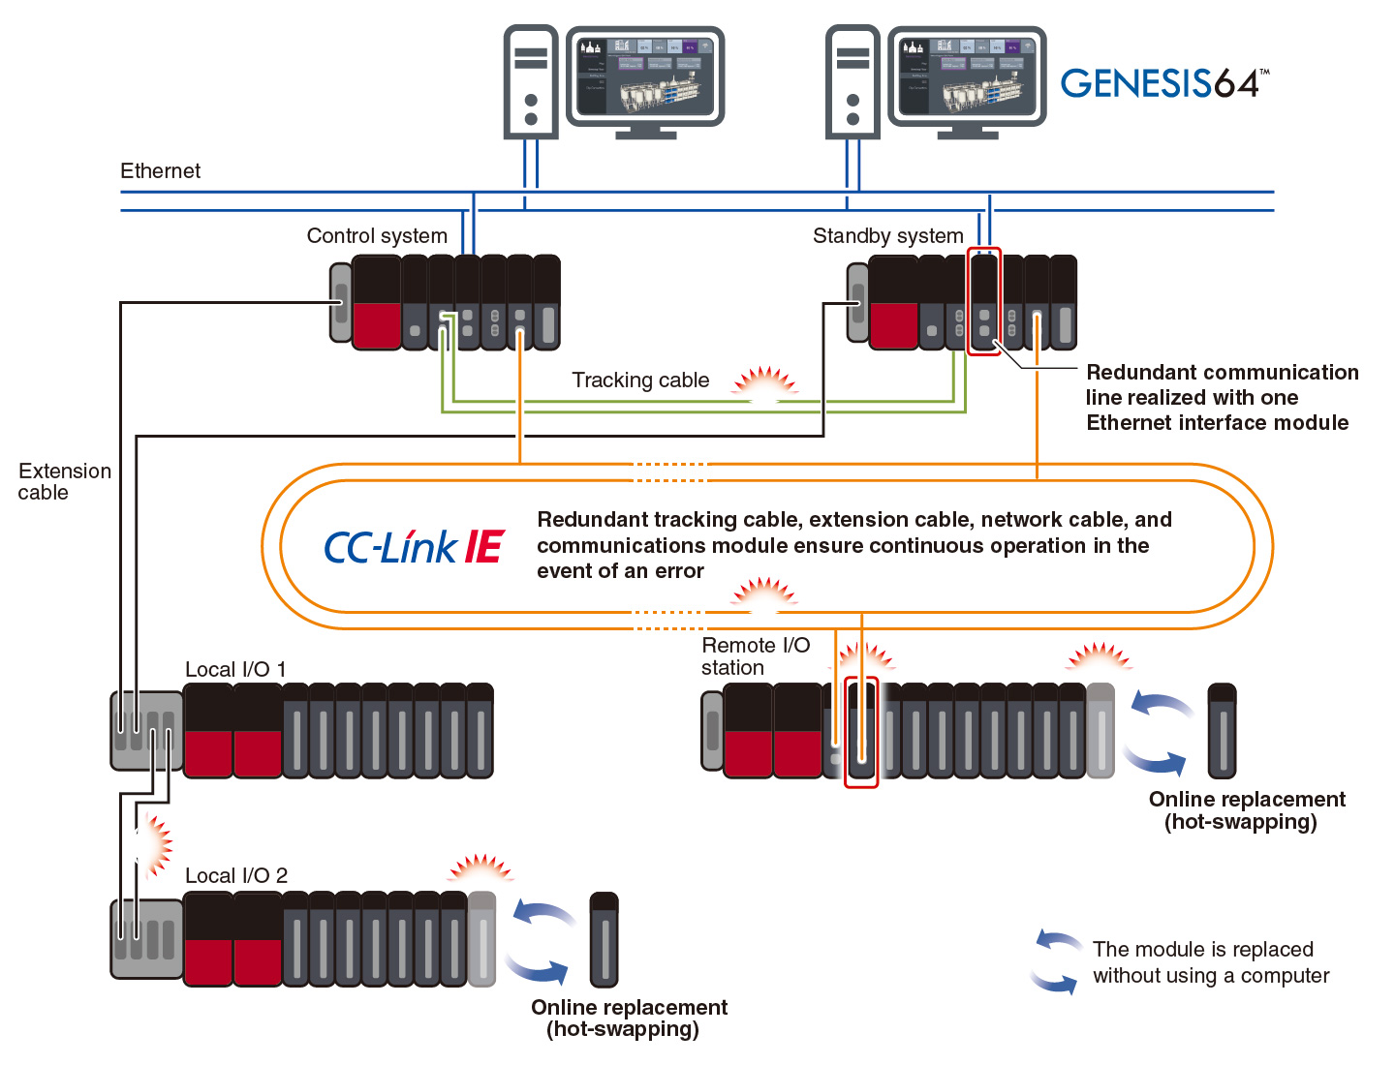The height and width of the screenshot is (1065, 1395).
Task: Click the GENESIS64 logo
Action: pos(1163,83)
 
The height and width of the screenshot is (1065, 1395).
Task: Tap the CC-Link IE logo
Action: pos(414,548)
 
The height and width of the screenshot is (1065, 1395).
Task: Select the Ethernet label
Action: pos(160,171)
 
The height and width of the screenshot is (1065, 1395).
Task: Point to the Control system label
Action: pos(377,236)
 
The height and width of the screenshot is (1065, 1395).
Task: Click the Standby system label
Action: pos(887,236)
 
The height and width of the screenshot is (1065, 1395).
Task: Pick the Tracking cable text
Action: pos(640,380)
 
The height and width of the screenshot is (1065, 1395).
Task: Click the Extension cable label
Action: pos(64,481)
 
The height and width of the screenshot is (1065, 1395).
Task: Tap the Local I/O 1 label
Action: pos(235,670)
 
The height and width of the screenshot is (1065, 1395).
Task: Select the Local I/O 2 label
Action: pos(236,876)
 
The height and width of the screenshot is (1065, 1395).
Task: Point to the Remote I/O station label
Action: pos(755,656)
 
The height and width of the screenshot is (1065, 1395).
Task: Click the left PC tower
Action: pos(531,81)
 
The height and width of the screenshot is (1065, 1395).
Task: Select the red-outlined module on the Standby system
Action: pos(984,300)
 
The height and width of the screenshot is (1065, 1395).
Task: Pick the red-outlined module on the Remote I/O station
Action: pos(861,732)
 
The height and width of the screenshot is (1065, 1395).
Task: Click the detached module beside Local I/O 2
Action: pos(604,939)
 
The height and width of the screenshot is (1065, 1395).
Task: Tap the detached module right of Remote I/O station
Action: pos(1223,731)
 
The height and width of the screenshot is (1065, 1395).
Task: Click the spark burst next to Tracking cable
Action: pos(764,383)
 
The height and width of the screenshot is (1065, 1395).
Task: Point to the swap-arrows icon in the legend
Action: pos(1057,961)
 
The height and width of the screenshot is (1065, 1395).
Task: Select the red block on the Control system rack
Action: pos(377,325)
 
